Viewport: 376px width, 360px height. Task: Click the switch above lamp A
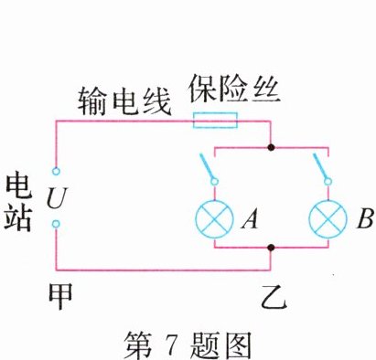209,168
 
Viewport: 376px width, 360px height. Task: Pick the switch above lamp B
321,168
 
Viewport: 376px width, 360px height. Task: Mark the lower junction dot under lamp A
271,247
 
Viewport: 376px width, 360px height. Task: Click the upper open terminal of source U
56,171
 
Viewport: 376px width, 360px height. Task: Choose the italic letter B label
365,219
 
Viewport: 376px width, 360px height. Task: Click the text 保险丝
228,90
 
